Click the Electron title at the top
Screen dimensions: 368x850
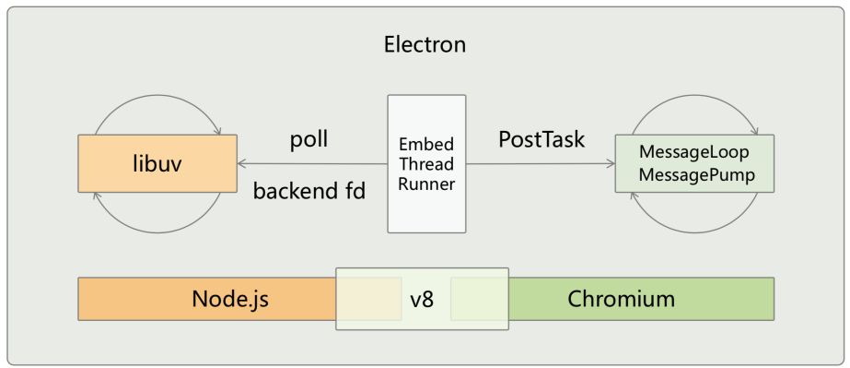[x=425, y=44]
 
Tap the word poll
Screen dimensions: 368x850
[x=309, y=139]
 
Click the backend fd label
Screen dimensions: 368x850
[x=309, y=191]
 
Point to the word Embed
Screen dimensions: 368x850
[x=425, y=146]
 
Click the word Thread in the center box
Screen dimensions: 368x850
[x=425, y=165]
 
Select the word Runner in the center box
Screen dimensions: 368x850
[x=425, y=184]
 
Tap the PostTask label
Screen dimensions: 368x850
[x=541, y=139]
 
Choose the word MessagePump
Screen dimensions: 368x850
[x=693, y=172]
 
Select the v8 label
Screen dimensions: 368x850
[x=423, y=299]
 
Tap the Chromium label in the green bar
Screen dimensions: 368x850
[x=621, y=299]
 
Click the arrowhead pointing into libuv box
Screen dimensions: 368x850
[x=241, y=165]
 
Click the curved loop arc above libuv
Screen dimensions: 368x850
[x=157, y=95]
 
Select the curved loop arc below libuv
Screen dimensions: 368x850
[x=157, y=231]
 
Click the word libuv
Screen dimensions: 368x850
[x=157, y=166]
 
